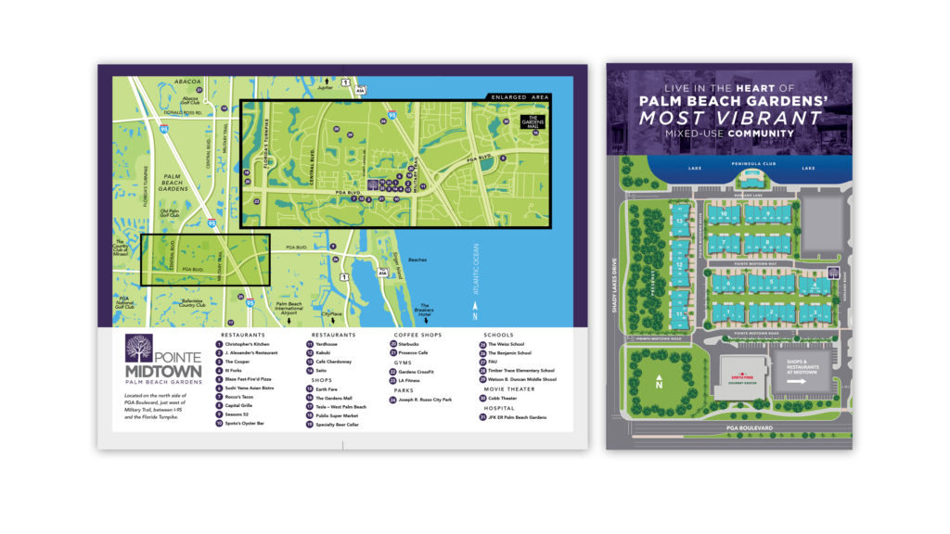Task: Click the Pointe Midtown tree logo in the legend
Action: [138, 349]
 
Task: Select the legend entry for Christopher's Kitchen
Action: [242, 344]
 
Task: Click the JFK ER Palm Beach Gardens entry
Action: [521, 417]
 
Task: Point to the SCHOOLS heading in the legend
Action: [498, 335]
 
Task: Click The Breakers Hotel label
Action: [427, 310]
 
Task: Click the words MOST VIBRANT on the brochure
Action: [730, 118]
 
